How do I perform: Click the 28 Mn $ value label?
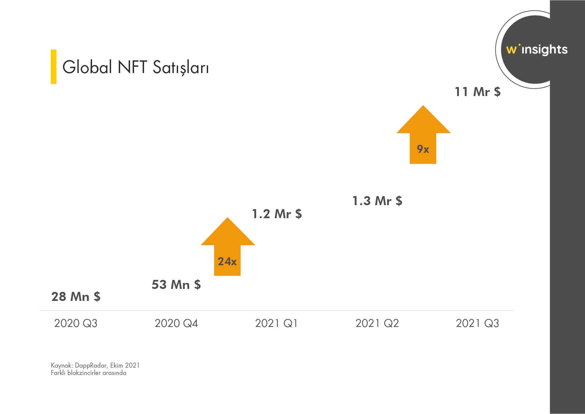pyautogui.click(x=76, y=297)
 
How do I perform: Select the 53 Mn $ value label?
pyautogui.click(x=176, y=285)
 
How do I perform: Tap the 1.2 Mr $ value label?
pyautogui.click(x=277, y=214)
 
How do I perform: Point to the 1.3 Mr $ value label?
pyautogui.click(x=377, y=201)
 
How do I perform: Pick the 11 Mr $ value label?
pyautogui.click(x=478, y=92)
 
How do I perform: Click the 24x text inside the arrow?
pyautogui.click(x=227, y=261)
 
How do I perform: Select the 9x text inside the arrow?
pyautogui.click(x=423, y=149)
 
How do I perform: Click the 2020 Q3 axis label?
pyautogui.click(x=76, y=323)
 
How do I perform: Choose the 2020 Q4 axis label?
pyautogui.click(x=176, y=323)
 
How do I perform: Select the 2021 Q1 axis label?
pyautogui.click(x=276, y=323)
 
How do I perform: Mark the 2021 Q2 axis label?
pyautogui.click(x=377, y=323)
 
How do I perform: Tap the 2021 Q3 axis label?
pyautogui.click(x=477, y=323)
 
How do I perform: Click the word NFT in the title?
pyautogui.click(x=132, y=67)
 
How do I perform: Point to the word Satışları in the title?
pyautogui.click(x=181, y=68)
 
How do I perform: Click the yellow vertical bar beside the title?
pyautogui.click(x=53, y=67)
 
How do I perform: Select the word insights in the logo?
pyautogui.click(x=544, y=50)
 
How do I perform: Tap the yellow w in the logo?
pyautogui.click(x=511, y=50)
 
